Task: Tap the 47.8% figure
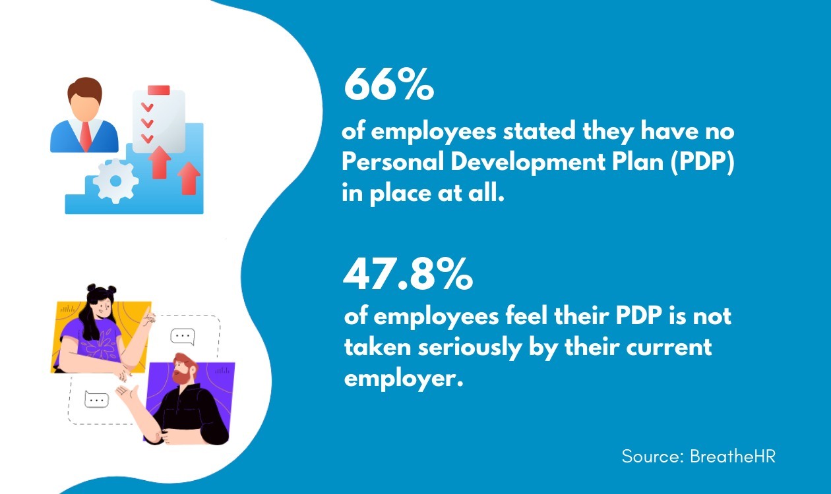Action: coord(408,275)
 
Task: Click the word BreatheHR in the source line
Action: coord(733,456)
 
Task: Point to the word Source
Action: coord(652,456)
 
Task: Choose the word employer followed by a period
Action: coord(400,379)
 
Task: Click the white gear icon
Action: coord(115,180)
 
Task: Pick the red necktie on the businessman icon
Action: coord(85,135)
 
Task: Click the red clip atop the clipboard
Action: coord(159,90)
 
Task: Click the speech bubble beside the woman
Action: coord(183,337)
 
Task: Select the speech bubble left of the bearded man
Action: coord(97,399)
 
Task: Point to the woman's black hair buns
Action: coord(100,291)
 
